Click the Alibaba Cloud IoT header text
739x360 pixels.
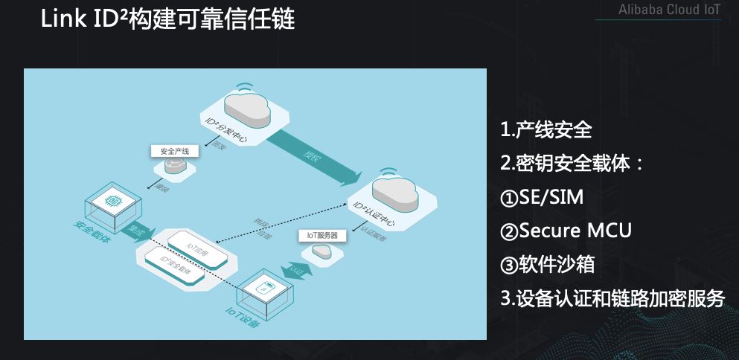click(x=669, y=10)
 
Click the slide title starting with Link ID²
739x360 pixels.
click(x=168, y=20)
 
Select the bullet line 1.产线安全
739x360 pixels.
click(x=546, y=130)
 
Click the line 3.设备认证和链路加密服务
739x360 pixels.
click(x=612, y=298)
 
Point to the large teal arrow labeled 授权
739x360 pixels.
click(x=313, y=157)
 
